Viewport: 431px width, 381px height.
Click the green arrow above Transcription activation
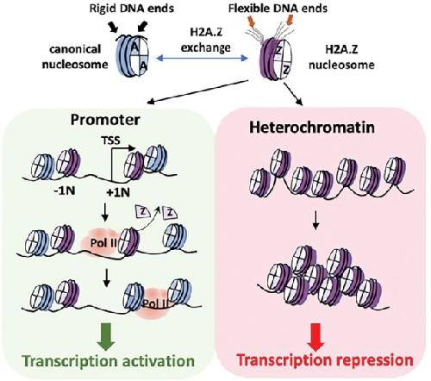106,336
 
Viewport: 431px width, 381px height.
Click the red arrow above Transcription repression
315,337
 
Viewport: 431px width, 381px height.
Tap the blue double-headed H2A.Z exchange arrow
202,59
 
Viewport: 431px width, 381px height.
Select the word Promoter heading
105,120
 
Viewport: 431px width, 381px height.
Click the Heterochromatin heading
312,128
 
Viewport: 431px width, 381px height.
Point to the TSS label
110,141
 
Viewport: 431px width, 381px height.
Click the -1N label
66,190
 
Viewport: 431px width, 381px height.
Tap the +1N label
118,192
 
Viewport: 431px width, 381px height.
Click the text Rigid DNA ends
132,9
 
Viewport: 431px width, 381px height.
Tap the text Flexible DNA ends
278,9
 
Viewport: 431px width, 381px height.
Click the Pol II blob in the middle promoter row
99,243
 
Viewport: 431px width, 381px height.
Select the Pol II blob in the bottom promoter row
153,304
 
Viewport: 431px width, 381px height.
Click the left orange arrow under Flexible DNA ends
252,20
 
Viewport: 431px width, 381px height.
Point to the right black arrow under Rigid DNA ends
142,27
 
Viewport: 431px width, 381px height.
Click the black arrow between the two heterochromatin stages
315,221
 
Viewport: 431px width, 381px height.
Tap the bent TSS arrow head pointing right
132,147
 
